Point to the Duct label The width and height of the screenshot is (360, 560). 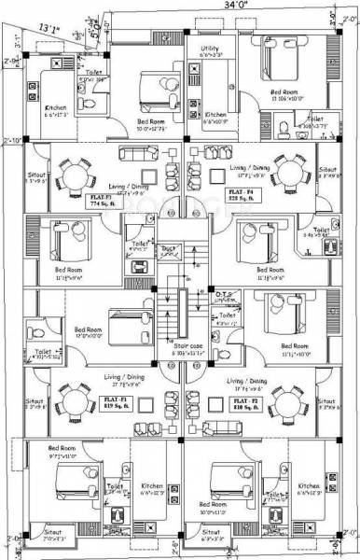pos(169,248)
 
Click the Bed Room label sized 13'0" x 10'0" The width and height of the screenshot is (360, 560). pos(89,332)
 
